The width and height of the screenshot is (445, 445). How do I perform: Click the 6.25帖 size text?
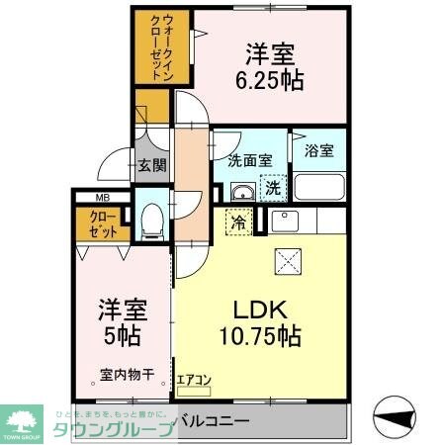(x=270, y=82)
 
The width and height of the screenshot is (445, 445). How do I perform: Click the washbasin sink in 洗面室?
(x=241, y=191)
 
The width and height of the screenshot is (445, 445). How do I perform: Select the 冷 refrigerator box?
(x=238, y=222)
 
